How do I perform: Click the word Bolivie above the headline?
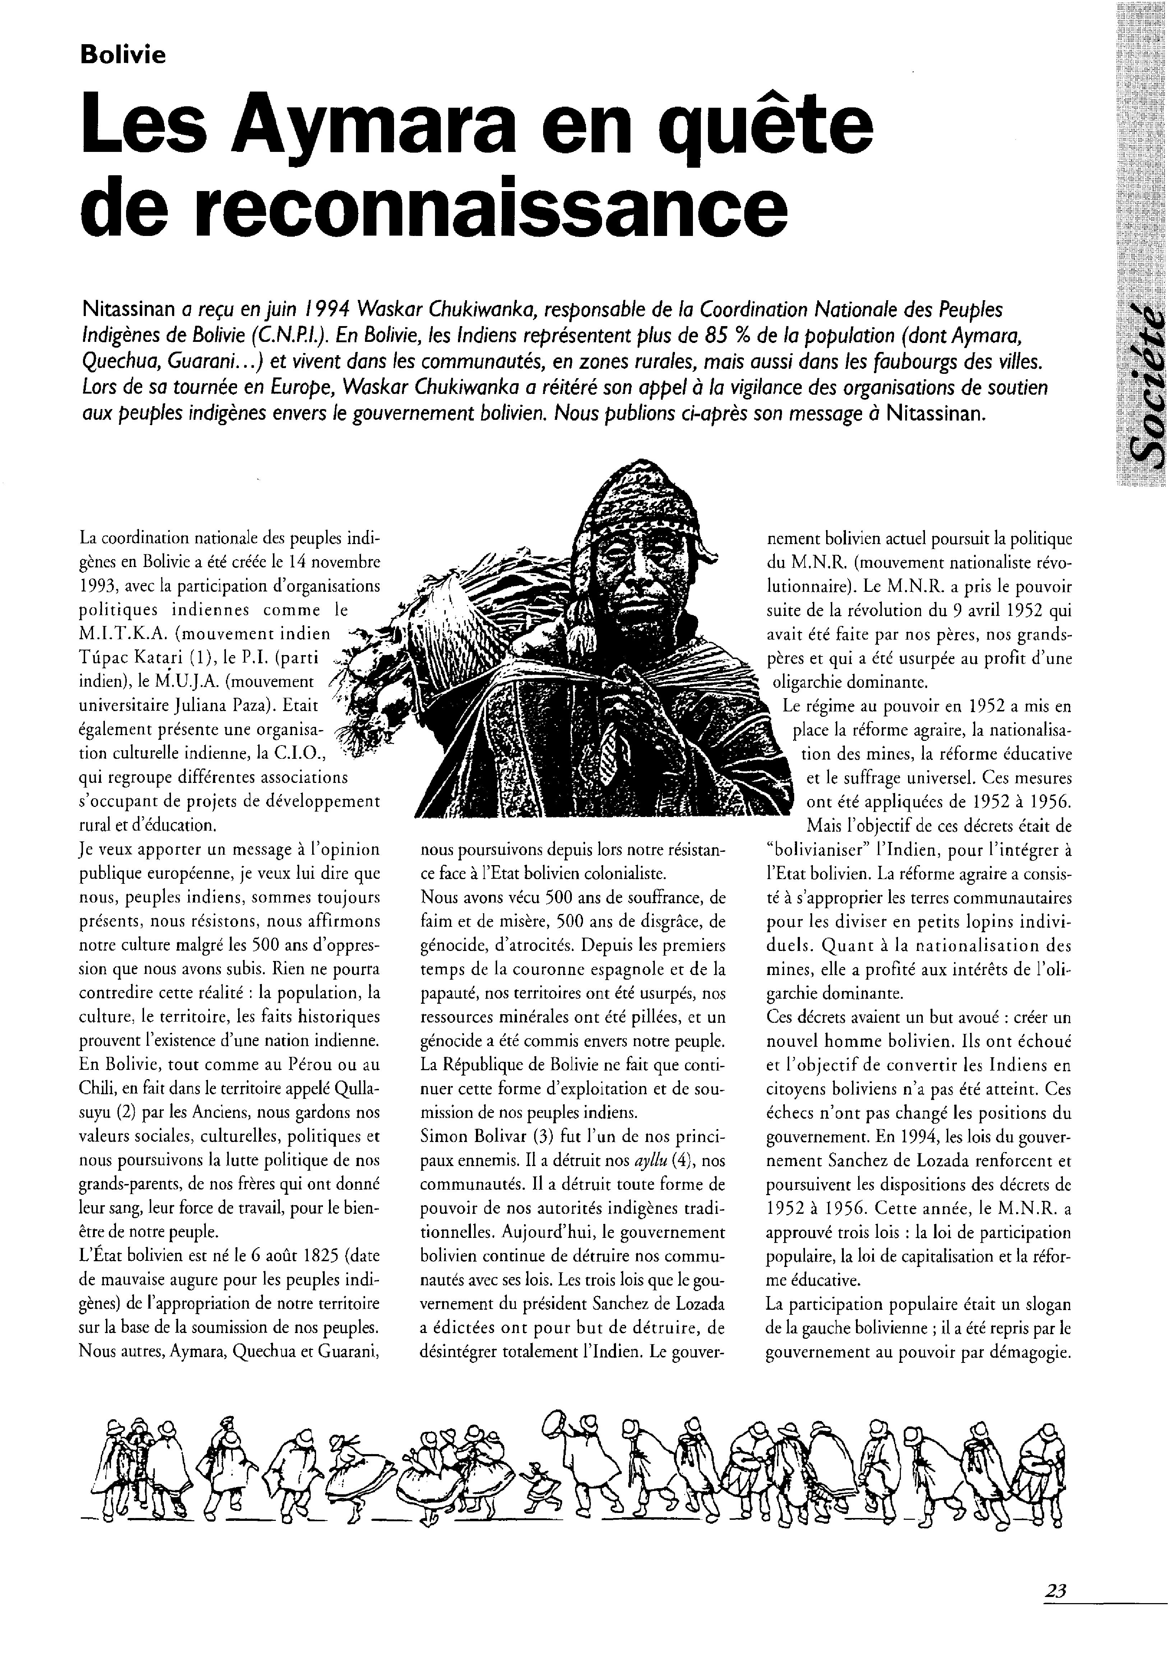123,55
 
